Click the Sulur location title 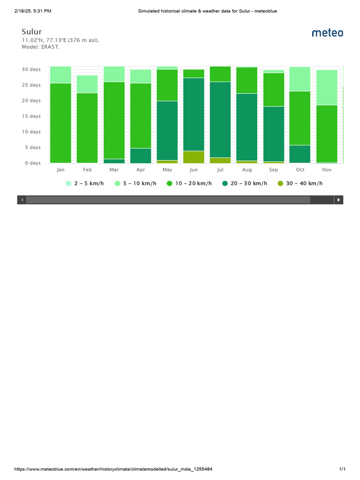tap(32, 32)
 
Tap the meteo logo tap(327, 33)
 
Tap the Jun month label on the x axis tap(194, 170)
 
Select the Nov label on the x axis tap(327, 170)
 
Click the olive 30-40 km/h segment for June tap(194, 157)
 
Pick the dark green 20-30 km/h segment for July tap(220, 120)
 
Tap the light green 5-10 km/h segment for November tap(327, 87)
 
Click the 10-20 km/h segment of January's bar tap(60, 123)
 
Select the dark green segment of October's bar tap(300, 154)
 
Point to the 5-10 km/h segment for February tap(87, 84)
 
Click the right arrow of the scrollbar tap(338, 200)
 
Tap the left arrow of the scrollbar tap(22, 200)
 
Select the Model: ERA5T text tap(41, 47)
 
